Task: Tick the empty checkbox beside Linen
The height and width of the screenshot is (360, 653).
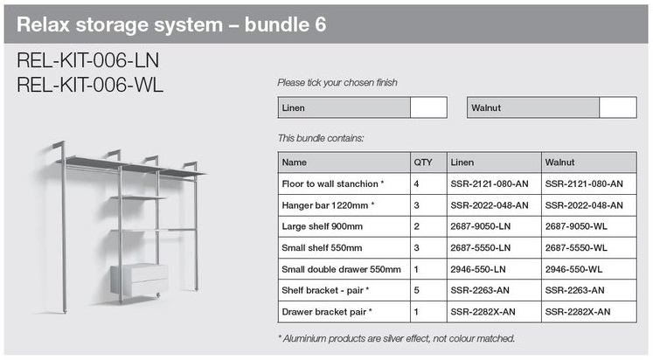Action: [x=428, y=107]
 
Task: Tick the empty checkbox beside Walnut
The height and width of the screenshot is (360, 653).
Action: [x=618, y=107]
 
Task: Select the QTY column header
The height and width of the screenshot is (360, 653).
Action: [x=422, y=163]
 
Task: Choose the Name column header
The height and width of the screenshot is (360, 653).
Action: [x=295, y=163]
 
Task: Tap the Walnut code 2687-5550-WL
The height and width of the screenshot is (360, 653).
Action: [x=579, y=248]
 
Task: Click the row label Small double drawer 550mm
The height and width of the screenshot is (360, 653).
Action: [x=341, y=269]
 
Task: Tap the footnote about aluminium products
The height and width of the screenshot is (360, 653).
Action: [x=396, y=338]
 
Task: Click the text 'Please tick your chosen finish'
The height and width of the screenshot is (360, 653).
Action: [x=337, y=83]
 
